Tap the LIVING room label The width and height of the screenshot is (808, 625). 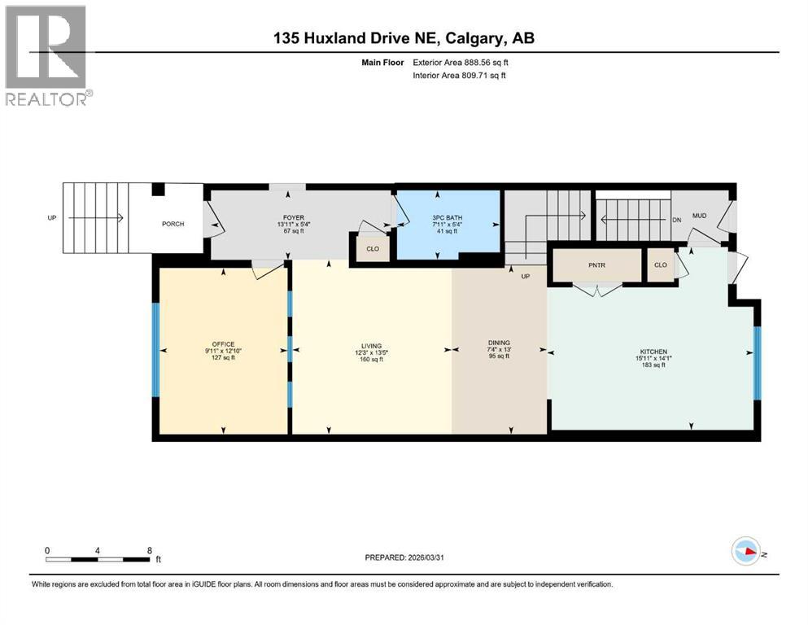tap(371, 346)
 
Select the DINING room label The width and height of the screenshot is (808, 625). tap(499, 343)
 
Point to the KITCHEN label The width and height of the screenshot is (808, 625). tap(652, 352)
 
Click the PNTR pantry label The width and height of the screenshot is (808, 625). tap(598, 264)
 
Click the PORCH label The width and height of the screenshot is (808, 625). tap(173, 224)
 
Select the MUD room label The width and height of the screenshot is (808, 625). tap(699, 216)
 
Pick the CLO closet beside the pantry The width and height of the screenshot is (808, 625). tap(661, 264)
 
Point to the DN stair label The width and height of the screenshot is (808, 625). tap(676, 219)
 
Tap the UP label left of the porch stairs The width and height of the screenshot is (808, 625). tap(53, 218)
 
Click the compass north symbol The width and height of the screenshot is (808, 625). tap(746, 553)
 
